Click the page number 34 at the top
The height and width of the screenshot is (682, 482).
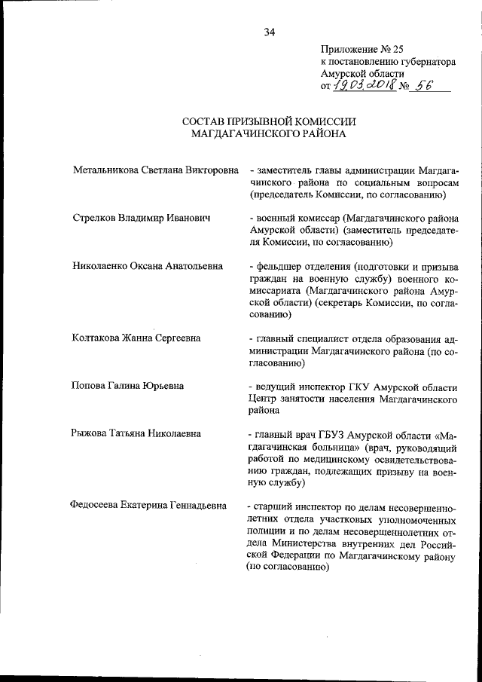pyautogui.click(x=270, y=32)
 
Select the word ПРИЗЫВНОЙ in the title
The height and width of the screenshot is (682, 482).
pyautogui.click(x=265, y=122)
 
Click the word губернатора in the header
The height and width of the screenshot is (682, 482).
pyautogui.click(x=419, y=63)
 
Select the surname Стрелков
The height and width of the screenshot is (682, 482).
pyautogui.click(x=96, y=219)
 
